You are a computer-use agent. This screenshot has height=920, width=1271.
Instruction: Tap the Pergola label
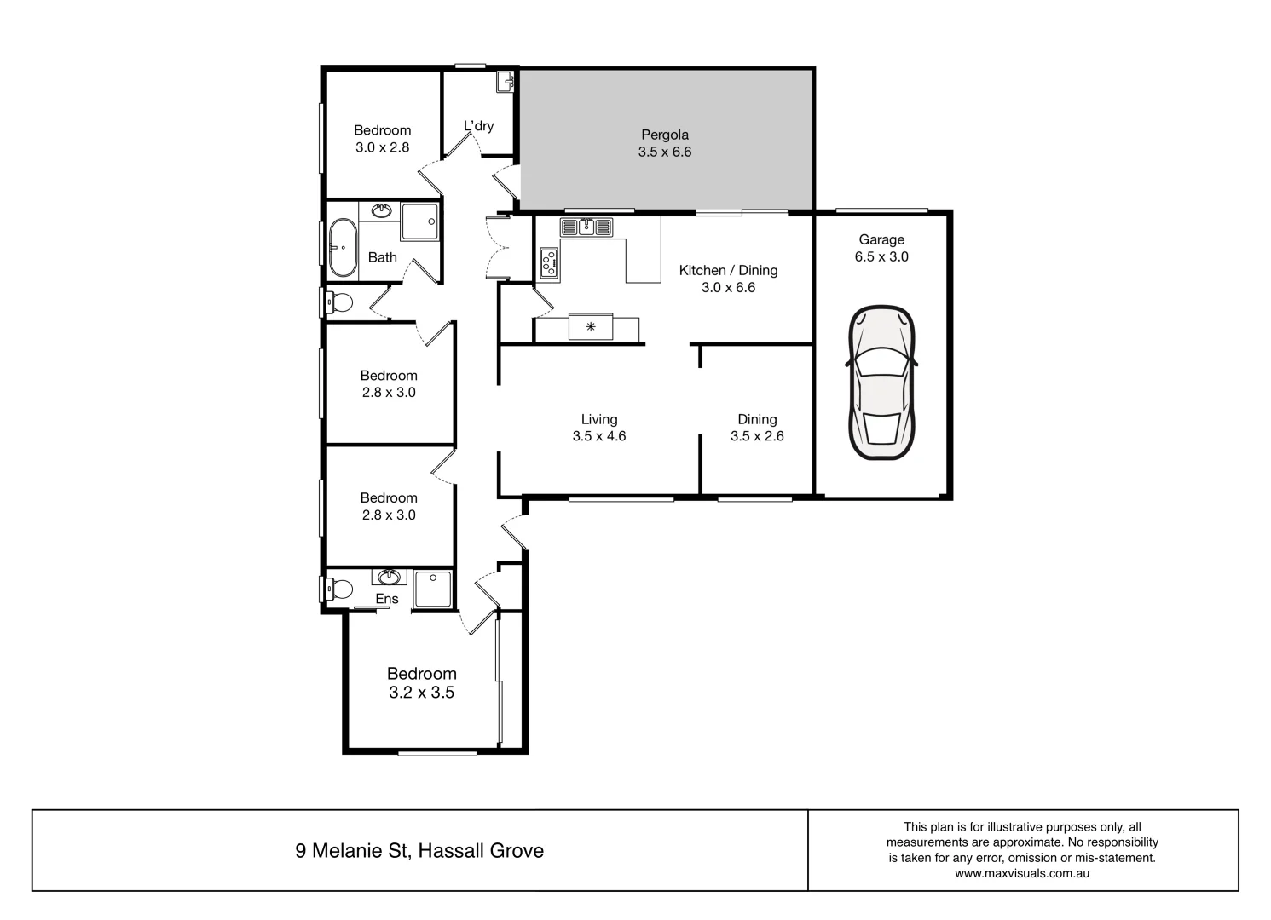[x=664, y=135]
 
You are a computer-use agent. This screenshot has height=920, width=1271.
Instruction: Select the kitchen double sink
[x=586, y=227]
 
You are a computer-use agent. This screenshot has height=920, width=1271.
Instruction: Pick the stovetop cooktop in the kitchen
[x=549, y=263]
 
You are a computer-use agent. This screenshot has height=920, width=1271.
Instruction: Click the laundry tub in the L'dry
[x=504, y=83]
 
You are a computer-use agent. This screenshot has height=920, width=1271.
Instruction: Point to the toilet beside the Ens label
[x=340, y=589]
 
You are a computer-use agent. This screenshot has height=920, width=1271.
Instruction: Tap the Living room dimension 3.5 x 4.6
[x=599, y=436]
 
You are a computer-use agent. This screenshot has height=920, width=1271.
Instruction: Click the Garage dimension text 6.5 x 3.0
[x=881, y=256]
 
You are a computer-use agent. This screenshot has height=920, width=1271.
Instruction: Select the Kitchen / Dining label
[x=728, y=270]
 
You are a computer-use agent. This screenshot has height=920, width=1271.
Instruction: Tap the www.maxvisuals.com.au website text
[x=1022, y=873]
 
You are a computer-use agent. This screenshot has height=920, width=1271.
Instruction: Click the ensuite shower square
[x=433, y=589]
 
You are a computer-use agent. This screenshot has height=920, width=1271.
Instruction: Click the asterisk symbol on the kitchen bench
[x=591, y=326]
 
